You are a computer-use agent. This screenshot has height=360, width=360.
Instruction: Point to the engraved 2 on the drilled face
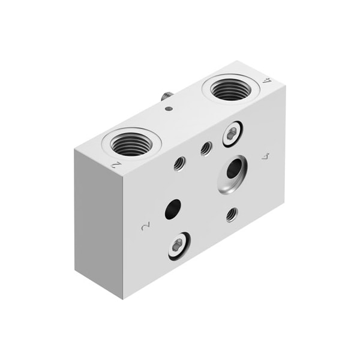click(144, 227)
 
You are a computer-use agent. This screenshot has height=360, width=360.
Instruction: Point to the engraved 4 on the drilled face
click(267, 157)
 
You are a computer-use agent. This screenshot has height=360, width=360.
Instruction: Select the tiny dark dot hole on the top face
click(169, 109)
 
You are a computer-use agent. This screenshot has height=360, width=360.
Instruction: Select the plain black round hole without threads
click(173, 209)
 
